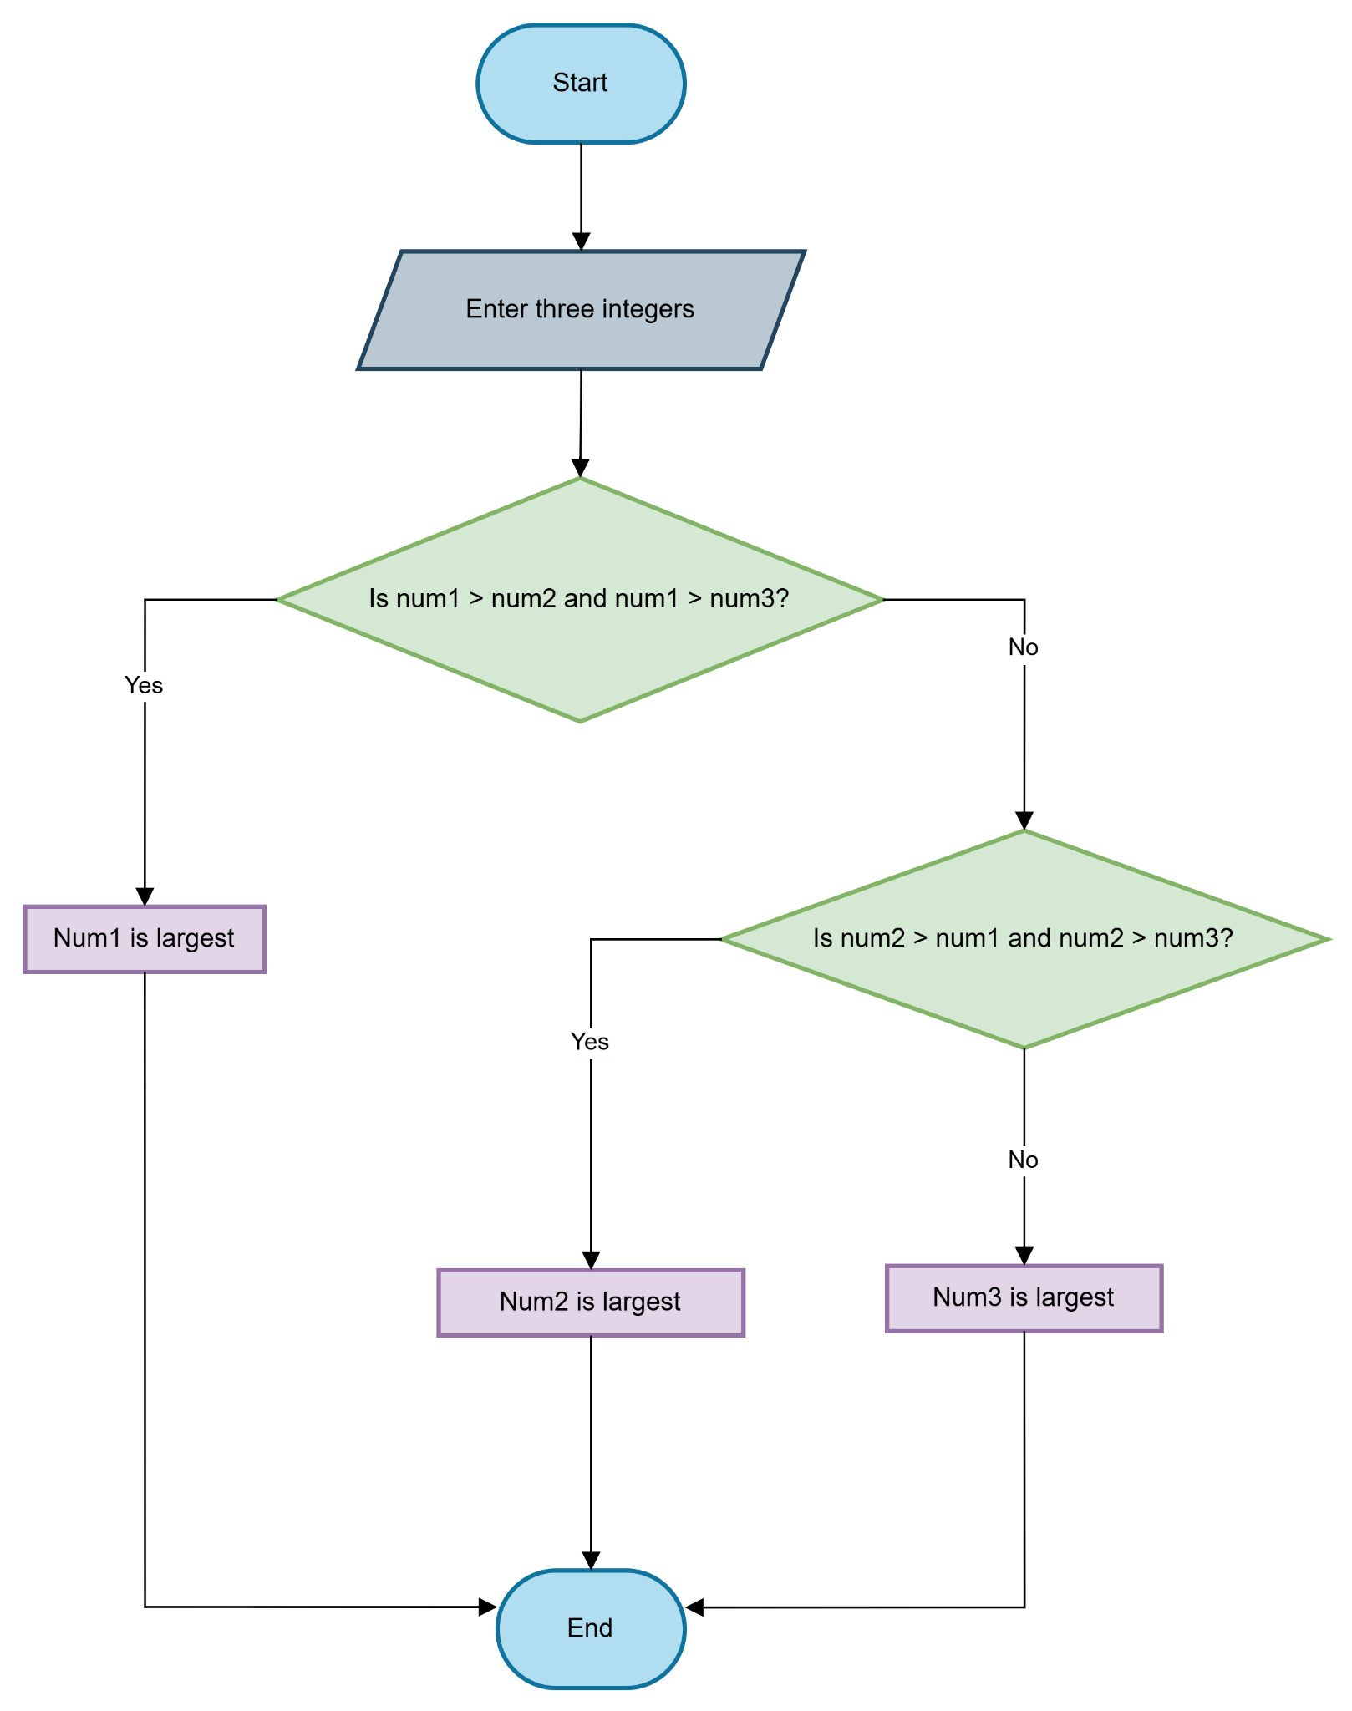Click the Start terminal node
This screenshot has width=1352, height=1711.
click(581, 84)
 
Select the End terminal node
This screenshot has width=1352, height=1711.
click(590, 1628)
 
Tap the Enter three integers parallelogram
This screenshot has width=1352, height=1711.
click(581, 310)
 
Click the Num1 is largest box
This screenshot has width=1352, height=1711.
click(145, 939)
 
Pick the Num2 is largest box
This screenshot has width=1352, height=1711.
click(590, 1302)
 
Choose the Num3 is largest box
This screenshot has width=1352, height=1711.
click(1024, 1298)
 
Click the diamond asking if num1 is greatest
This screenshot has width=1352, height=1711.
click(580, 599)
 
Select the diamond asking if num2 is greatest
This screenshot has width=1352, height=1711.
click(1024, 939)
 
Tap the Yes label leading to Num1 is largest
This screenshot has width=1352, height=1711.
click(144, 685)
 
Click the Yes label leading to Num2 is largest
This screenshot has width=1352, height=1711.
click(590, 1042)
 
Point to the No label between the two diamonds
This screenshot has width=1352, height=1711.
click(1024, 647)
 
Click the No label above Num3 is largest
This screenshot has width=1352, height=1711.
click(1024, 1160)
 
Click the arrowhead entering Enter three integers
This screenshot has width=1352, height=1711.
click(581, 241)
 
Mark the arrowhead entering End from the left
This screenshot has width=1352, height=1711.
click(488, 1607)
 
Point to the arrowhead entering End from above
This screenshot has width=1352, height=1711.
click(591, 1561)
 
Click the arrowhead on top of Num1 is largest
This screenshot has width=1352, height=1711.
click(145, 896)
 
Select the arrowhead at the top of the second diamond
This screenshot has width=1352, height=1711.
click(1024, 820)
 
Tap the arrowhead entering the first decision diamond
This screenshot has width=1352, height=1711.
click(580, 468)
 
